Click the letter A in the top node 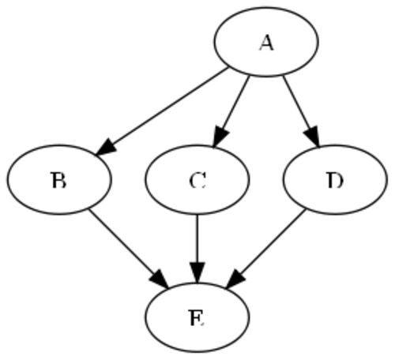tap(266, 43)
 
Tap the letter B tap(58, 181)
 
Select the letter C tap(197, 181)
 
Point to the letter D tap(335, 181)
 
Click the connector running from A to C tap(231, 111)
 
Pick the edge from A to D tap(301, 111)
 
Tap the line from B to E tap(128, 249)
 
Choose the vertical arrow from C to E tap(197, 249)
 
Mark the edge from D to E tap(266, 249)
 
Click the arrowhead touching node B tap(106, 148)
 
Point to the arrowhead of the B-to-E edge tap(160, 279)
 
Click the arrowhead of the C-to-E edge tap(197, 273)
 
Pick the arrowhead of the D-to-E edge tap(235, 279)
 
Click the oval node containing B tap(59, 180)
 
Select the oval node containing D tap(335, 180)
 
